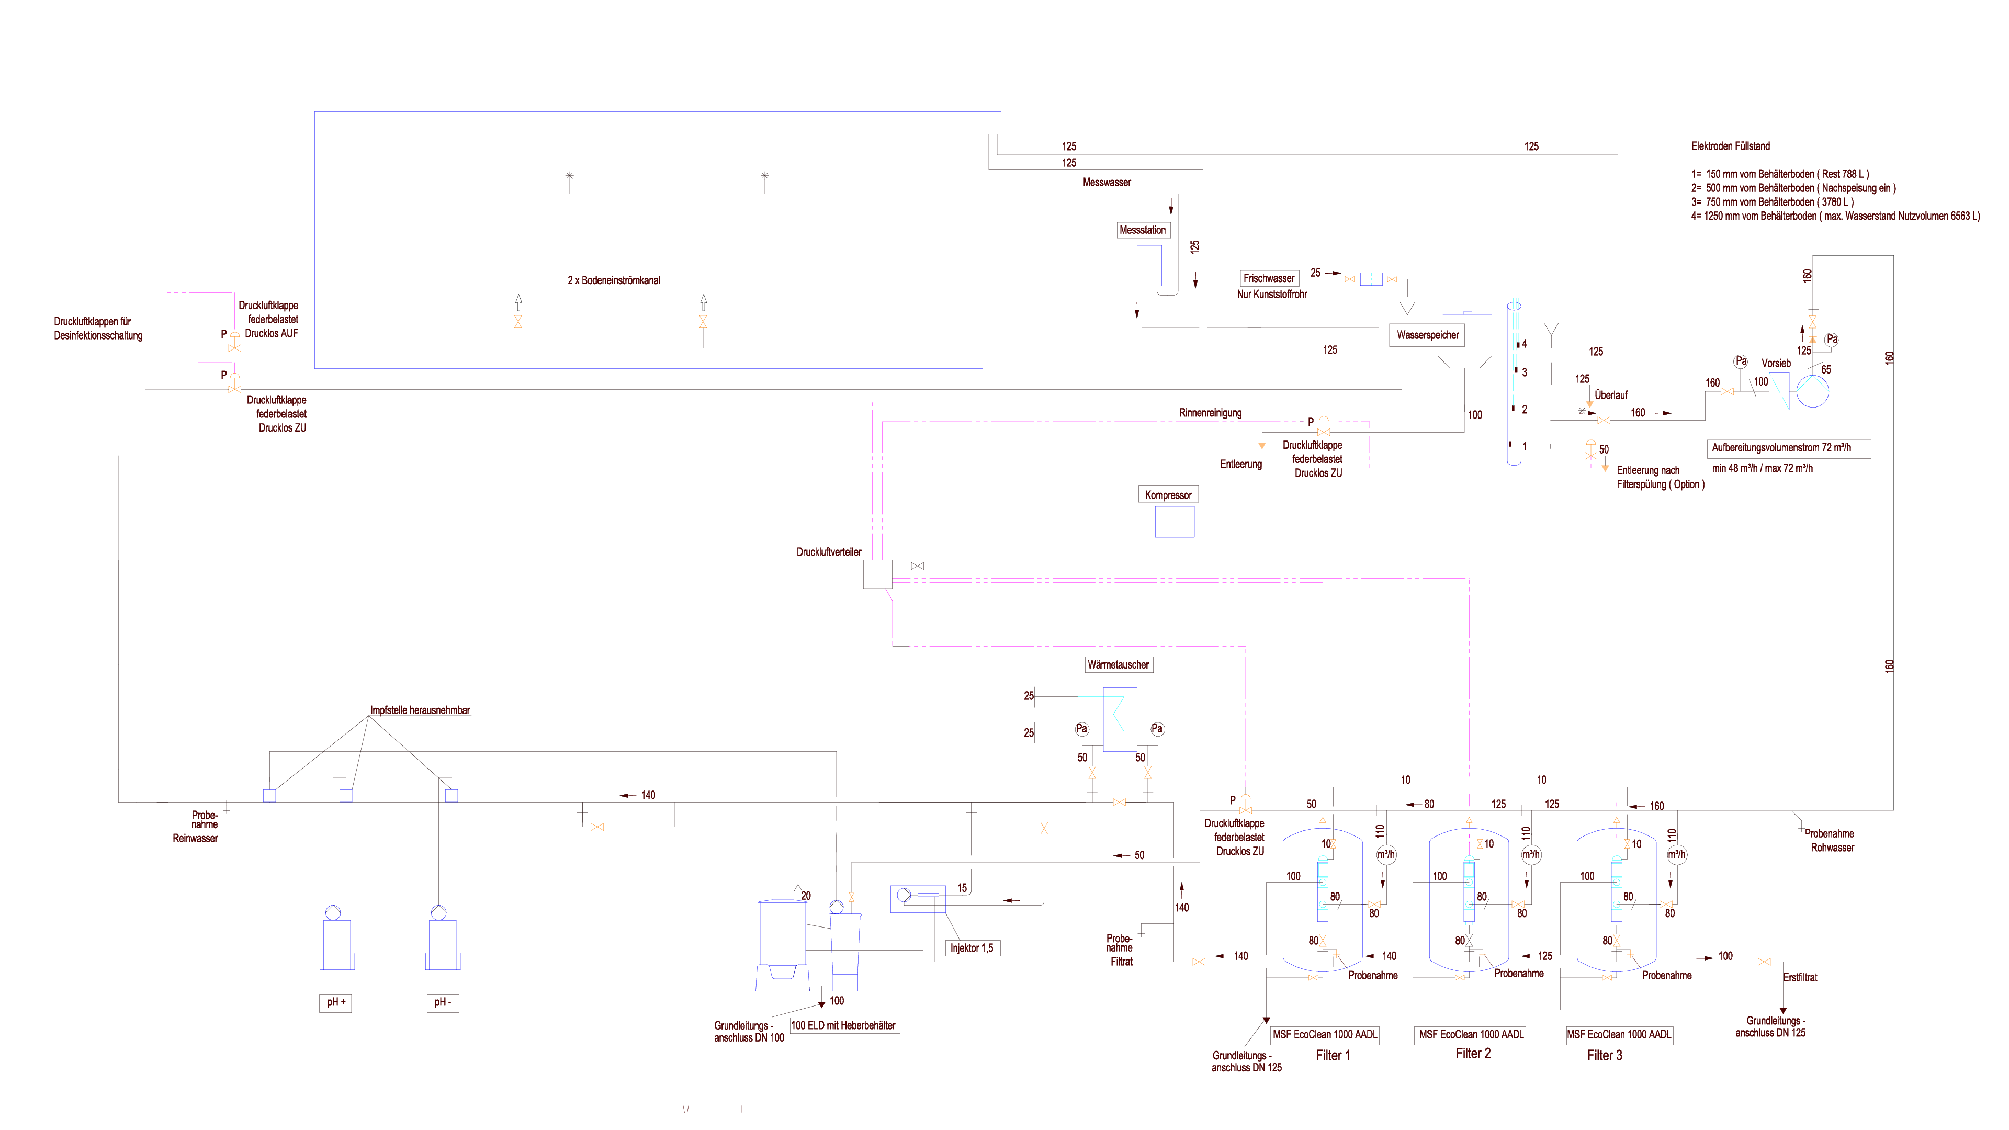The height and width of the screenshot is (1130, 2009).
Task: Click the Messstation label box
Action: pos(1143,230)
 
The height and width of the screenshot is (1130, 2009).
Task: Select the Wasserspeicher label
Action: pos(1427,335)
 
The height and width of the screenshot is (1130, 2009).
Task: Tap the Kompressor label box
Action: pos(1168,495)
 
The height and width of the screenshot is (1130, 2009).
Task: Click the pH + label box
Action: pos(335,1002)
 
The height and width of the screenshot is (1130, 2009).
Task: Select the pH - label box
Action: pos(442,1002)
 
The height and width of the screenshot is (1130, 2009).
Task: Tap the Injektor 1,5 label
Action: pos(971,948)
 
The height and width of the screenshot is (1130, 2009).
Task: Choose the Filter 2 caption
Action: pos(1472,1054)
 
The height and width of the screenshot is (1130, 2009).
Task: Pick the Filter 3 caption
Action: pos(1604,1055)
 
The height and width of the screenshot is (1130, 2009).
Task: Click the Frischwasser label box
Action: pos(1269,278)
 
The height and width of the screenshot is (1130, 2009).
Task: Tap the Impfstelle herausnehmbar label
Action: pos(420,710)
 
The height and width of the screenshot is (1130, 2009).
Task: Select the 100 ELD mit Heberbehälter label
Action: pos(844,1025)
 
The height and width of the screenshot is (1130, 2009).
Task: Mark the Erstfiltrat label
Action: pos(1800,977)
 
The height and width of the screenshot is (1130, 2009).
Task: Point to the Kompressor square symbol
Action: pos(1175,522)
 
